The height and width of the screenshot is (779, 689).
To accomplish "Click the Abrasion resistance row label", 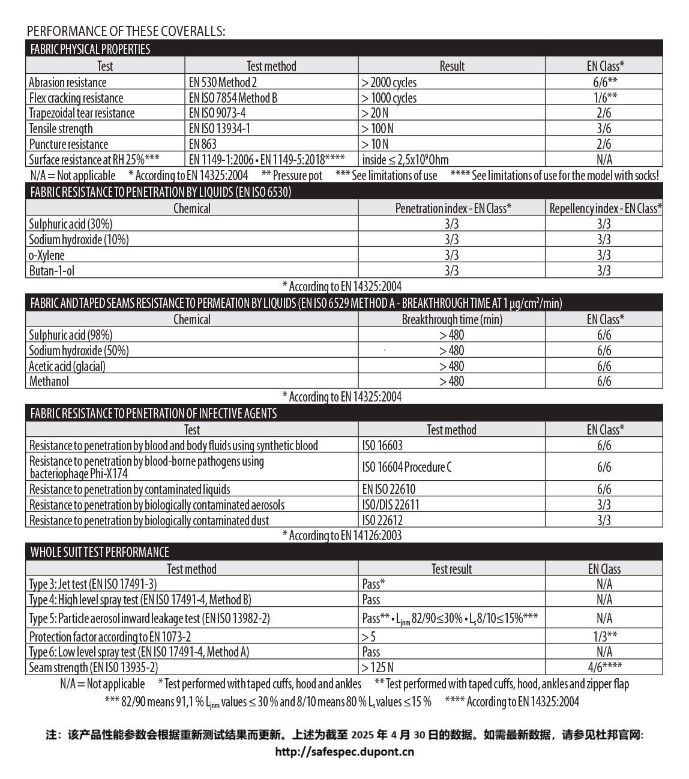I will (68, 83).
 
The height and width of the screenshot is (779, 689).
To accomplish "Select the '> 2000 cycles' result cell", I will (389, 83).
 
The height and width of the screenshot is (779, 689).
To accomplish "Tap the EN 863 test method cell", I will (203, 144).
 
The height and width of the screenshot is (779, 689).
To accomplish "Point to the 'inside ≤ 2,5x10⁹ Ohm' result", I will (405, 160).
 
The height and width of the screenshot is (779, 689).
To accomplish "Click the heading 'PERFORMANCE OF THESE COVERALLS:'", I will (126, 31).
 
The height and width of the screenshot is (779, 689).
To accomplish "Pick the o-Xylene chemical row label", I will (47, 255).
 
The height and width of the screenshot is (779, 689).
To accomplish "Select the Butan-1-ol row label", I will (52, 271).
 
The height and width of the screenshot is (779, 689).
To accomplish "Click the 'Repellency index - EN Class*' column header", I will (605, 208).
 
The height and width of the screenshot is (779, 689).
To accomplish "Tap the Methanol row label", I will (49, 381).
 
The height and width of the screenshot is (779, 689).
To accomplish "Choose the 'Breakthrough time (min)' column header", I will (452, 319).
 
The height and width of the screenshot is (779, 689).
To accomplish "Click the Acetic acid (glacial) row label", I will (67, 366).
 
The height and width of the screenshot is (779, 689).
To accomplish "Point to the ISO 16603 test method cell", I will (382, 445).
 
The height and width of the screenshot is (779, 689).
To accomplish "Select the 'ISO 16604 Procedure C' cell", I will (407, 467).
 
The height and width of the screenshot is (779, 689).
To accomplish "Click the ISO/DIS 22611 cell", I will (391, 505).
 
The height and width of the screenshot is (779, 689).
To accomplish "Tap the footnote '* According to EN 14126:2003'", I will (342, 535).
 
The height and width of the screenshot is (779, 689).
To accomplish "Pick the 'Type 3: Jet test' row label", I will (93, 584).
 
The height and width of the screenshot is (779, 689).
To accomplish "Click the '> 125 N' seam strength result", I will (378, 667).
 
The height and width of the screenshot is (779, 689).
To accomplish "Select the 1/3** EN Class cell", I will (604, 637).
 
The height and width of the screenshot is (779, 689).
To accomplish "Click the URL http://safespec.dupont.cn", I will (344, 751).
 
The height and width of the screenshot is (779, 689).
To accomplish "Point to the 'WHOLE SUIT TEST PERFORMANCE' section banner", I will (100, 552).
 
